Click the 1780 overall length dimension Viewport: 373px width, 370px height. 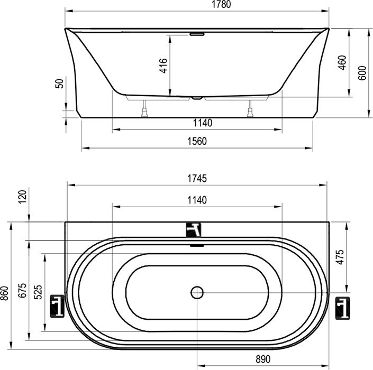tap(196, 5)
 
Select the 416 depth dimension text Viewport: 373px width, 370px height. tap(163, 66)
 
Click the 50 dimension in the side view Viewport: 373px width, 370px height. tap(59, 83)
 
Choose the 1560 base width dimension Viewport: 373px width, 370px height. tap(196, 141)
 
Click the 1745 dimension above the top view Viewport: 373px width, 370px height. tap(196, 179)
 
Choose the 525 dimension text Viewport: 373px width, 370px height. tap(38, 292)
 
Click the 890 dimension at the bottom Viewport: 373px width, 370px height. tap(263, 359)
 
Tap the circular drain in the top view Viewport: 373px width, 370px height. tap(196, 292)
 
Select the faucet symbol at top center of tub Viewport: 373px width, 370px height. tap(195, 229)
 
